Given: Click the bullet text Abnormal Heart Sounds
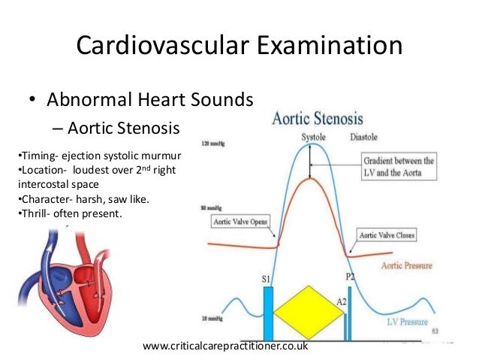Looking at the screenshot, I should (150, 99).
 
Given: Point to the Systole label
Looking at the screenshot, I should (314, 138).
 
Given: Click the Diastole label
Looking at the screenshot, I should (364, 138).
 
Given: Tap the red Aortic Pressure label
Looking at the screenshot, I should (408, 266).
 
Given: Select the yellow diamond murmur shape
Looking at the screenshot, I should (308, 312).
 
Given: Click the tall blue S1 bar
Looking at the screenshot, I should (268, 314).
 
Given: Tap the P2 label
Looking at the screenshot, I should (350, 277).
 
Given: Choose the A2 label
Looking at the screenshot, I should (341, 301).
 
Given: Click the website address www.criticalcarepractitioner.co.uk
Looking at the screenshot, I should (224, 347).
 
